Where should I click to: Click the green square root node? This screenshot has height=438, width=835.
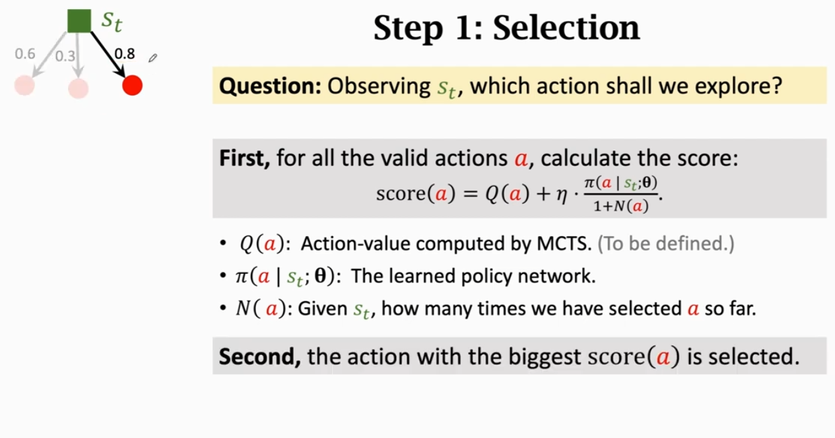point(79,21)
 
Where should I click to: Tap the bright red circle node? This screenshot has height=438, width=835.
point(132,85)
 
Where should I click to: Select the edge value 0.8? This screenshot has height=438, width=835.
point(125,54)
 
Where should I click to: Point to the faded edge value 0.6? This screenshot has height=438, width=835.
point(25,54)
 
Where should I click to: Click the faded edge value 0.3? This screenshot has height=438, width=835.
point(65,56)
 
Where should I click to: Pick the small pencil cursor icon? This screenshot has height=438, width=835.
point(153,58)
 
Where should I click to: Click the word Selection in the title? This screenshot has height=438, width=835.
point(566,28)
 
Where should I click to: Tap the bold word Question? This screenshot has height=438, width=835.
point(270,86)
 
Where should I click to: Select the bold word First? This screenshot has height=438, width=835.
point(244,158)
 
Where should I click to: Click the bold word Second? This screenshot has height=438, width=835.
point(260,356)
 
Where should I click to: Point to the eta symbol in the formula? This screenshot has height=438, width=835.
point(562,195)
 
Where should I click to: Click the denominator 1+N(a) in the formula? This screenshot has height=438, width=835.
point(621,206)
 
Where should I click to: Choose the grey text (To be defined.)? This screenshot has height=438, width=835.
point(666,243)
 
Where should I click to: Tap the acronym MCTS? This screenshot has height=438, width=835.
point(564,243)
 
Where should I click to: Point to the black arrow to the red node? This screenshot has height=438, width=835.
point(108,54)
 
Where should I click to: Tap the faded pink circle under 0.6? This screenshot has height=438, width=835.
point(24,85)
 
